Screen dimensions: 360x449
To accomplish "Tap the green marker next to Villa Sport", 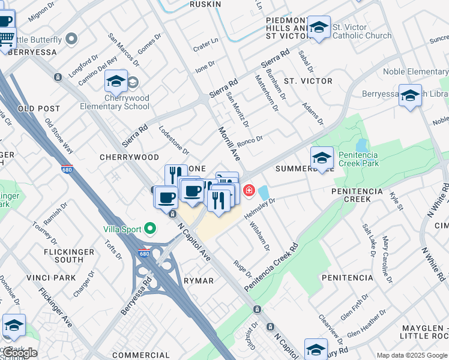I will (150, 229).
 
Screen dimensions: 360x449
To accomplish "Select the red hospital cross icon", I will (248, 191).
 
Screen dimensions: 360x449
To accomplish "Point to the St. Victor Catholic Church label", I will (362, 31).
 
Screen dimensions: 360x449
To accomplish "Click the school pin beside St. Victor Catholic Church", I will (319, 27).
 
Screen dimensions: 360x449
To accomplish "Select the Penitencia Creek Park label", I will (358, 158).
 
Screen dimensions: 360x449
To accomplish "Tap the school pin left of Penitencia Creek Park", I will (322, 158).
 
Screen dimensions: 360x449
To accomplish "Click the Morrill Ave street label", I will (229, 144).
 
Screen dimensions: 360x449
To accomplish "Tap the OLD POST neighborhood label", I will (39, 109).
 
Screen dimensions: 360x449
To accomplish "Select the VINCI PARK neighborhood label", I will (52, 278).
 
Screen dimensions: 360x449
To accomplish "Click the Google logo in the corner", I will (20, 352).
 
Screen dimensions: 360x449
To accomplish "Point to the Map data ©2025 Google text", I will (411, 355).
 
